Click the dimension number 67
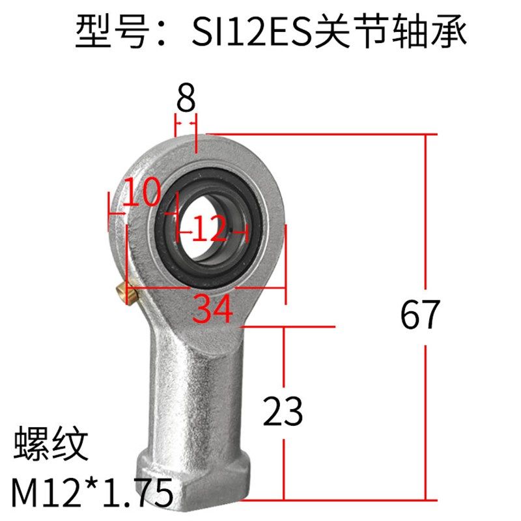point(420,315)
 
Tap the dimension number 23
point(283,411)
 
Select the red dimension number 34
point(213,308)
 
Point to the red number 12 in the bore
point(210,229)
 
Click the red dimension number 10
point(141,193)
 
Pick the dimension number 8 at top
point(186,99)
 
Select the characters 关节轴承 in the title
point(390,33)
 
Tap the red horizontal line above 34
point(208,287)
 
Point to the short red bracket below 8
point(186,119)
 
